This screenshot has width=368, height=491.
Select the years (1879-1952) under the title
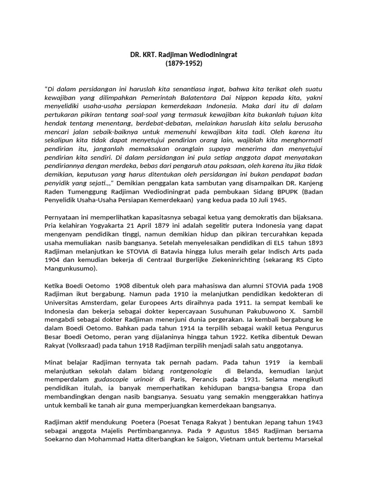(x=184, y=63)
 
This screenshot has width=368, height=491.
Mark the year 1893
(x=314, y=243)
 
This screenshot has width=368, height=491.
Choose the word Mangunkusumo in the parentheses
(x=69, y=269)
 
